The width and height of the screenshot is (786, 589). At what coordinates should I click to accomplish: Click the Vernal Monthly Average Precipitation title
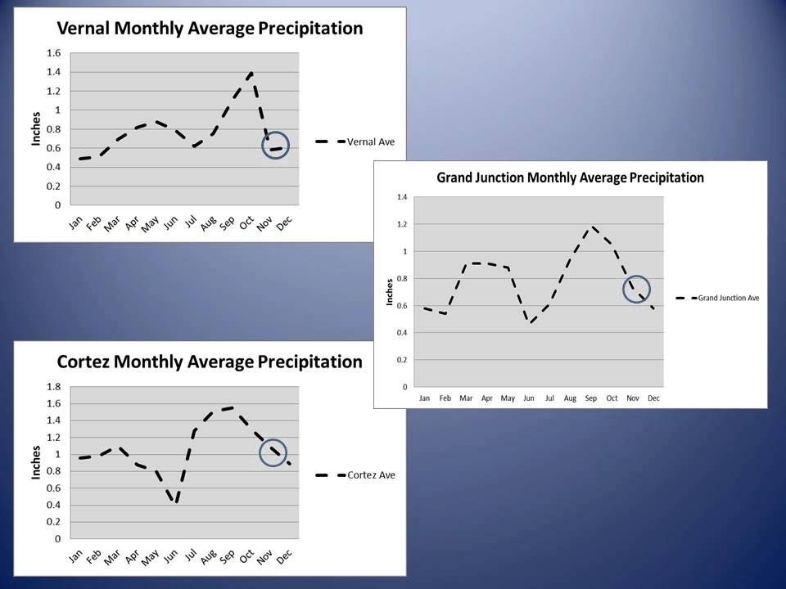click(209, 29)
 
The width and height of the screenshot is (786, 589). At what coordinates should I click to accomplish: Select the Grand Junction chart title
click(570, 177)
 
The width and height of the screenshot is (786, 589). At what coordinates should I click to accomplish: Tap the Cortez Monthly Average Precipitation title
click(209, 362)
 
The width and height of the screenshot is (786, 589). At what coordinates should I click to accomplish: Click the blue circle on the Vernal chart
click(276, 146)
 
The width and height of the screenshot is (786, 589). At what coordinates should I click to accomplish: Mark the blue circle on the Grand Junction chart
click(637, 288)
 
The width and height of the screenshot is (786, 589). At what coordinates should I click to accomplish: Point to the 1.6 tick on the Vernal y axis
click(53, 53)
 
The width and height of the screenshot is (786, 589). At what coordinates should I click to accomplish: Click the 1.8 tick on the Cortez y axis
click(53, 387)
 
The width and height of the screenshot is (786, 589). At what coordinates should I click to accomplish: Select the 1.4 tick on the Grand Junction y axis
click(400, 197)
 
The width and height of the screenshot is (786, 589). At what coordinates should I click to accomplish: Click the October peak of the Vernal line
click(251, 73)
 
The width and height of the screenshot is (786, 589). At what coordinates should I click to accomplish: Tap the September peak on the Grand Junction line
click(591, 227)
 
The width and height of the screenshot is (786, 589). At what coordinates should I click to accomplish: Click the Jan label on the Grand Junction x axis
click(424, 398)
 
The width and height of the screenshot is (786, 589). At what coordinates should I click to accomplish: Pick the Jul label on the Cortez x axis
click(190, 556)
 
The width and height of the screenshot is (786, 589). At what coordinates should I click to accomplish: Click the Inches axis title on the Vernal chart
click(36, 129)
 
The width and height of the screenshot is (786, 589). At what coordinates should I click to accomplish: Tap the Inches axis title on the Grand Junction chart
click(390, 292)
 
